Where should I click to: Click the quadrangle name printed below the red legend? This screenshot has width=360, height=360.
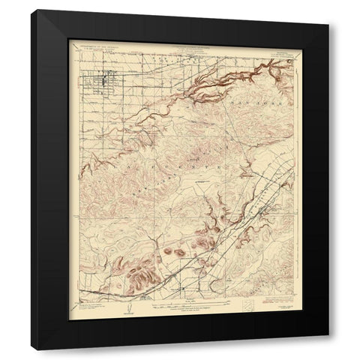coord(277,308)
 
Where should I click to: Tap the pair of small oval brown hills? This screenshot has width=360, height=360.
coord(174,252)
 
